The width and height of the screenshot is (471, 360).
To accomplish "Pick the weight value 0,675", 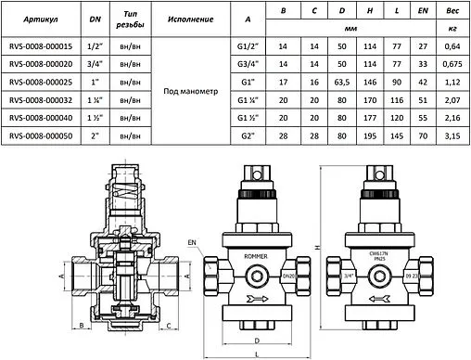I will coord(452,63).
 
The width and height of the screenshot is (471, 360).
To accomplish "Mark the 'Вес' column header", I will coord(452,11).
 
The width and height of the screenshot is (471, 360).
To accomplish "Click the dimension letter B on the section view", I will coord(83,327).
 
